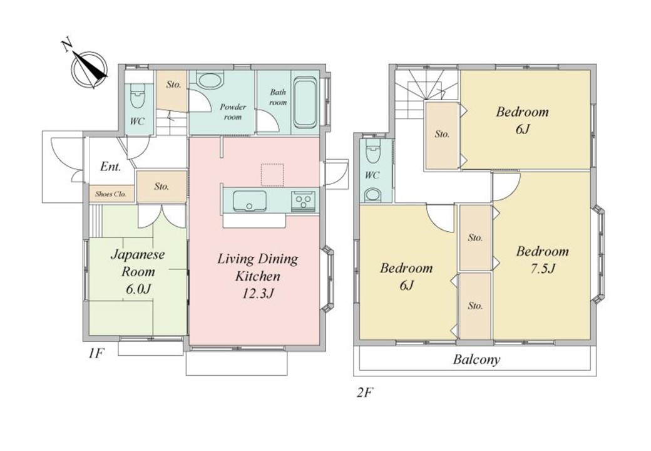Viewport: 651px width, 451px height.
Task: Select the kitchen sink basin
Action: (x=250, y=201)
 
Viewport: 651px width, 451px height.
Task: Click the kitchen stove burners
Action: (x=305, y=202)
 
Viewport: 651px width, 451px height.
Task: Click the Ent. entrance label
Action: (x=111, y=167)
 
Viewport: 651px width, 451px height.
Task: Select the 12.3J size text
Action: (x=258, y=294)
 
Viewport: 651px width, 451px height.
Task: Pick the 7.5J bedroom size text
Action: (x=542, y=269)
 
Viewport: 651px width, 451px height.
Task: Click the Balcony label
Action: (x=476, y=359)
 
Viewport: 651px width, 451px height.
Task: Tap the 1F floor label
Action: (x=96, y=353)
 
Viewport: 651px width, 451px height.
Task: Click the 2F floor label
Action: (x=363, y=392)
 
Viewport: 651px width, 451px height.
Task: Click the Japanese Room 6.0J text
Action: (x=138, y=272)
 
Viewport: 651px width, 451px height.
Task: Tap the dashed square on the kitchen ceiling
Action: (x=272, y=174)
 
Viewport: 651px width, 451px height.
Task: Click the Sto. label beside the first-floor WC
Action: (x=173, y=85)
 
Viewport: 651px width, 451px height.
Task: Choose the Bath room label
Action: (x=278, y=97)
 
